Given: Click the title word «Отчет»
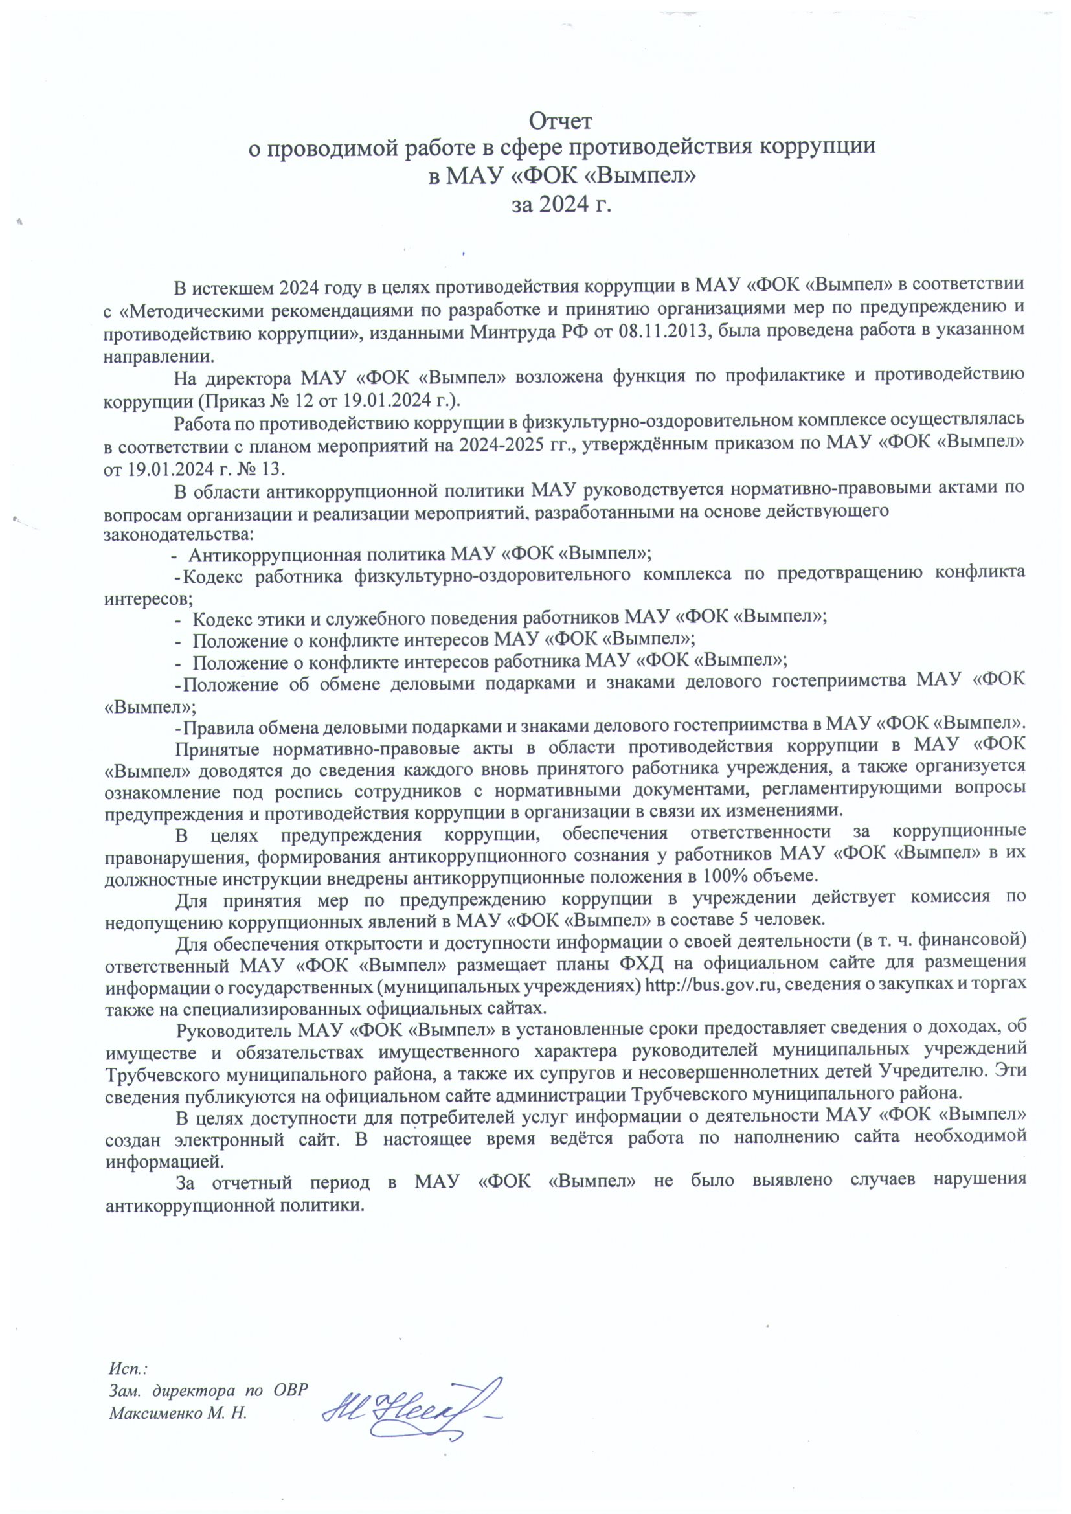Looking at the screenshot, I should coord(561,121).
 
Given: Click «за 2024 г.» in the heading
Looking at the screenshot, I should coord(561,205).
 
